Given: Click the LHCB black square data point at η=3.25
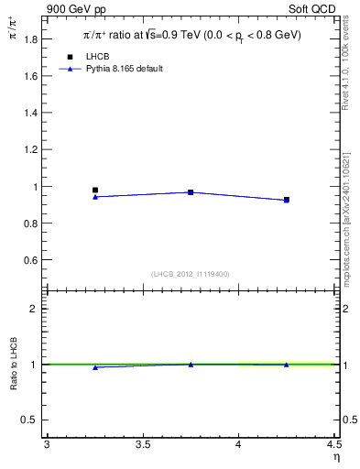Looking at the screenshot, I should coord(95,190).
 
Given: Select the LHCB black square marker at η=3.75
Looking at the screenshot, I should coord(191,192).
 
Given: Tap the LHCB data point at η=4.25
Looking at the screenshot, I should coord(287,199).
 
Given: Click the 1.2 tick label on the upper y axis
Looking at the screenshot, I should coord(31,150).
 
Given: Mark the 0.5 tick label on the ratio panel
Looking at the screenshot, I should coord(31,420).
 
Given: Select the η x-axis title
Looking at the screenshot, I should coord(334,455).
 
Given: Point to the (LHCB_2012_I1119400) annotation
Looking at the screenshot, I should coord(191,274).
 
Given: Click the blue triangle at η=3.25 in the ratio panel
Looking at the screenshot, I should coord(95,367).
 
